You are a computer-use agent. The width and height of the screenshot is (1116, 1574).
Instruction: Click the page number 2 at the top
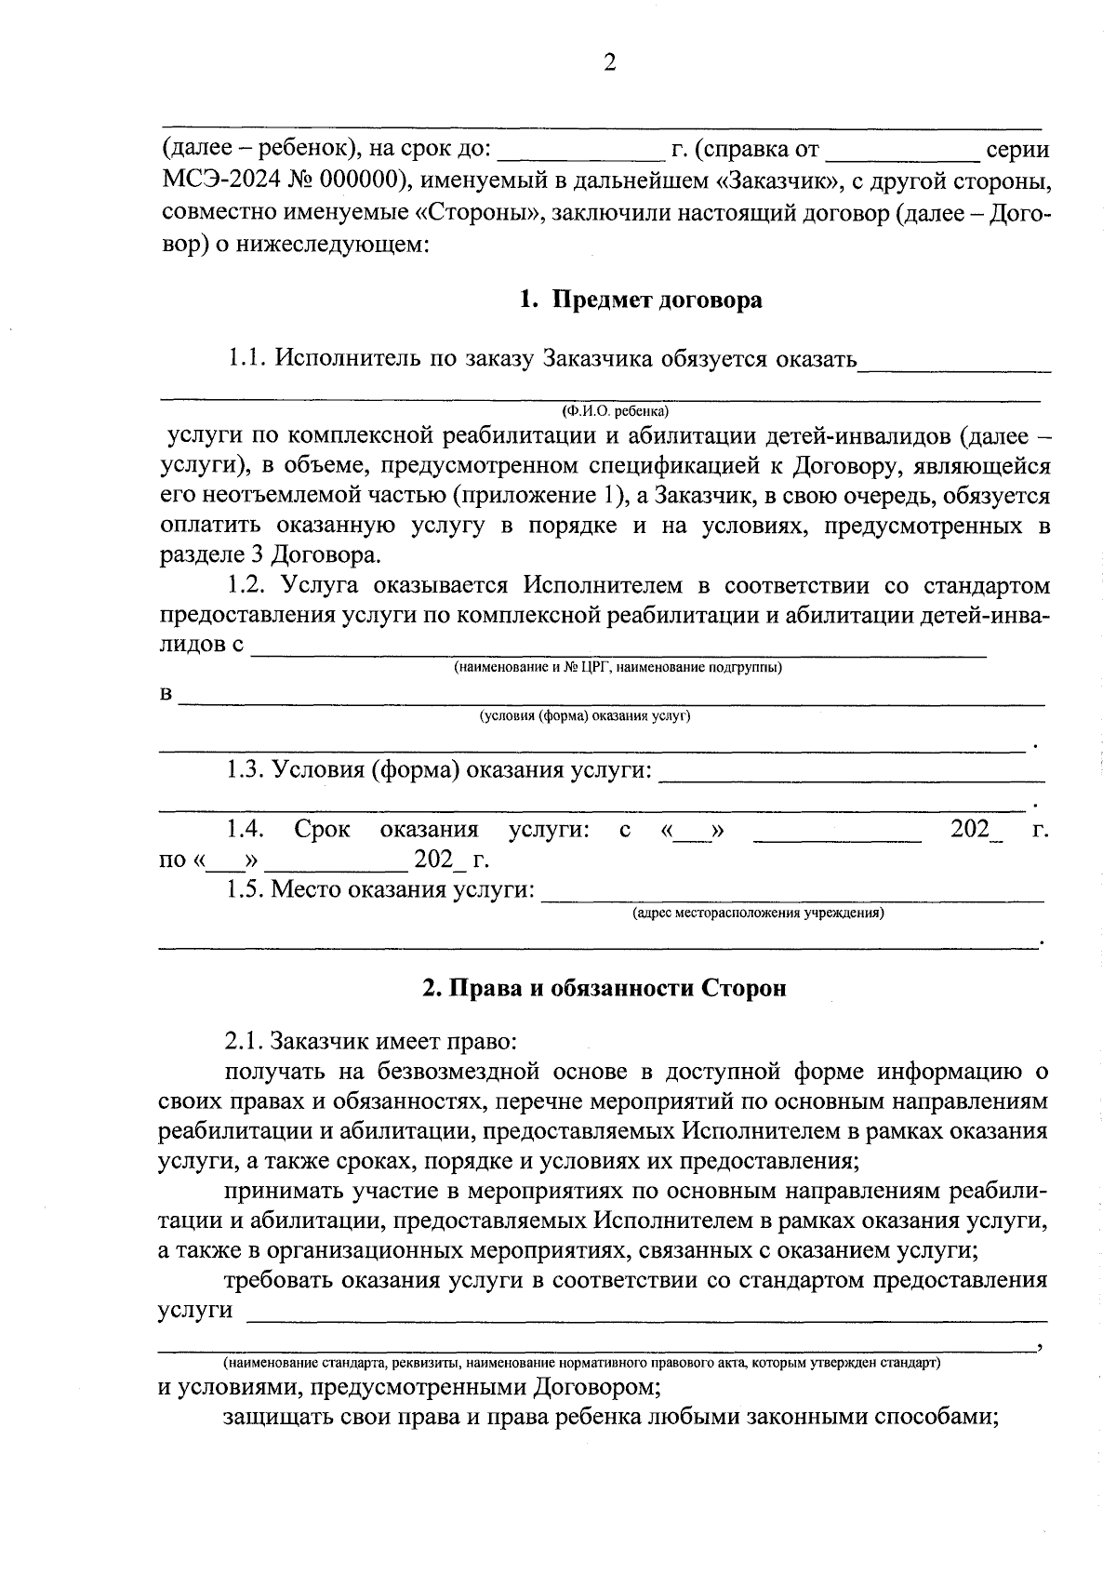pos(610,63)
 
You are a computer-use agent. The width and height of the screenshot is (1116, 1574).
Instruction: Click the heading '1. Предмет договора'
pos(641,300)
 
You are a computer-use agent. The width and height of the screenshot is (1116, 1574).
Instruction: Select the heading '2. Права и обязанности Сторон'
pos(604,988)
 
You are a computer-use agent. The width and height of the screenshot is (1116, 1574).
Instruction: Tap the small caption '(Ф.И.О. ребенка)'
pos(615,410)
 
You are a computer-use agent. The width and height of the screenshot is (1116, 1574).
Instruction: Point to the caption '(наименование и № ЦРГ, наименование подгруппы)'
pos(618,667)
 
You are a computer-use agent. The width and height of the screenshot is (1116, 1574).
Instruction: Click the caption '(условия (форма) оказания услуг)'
pos(585,715)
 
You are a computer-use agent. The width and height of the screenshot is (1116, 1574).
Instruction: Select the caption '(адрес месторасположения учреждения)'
pos(758,913)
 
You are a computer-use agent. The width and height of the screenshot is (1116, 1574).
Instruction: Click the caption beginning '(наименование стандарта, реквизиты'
pos(581,1363)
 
